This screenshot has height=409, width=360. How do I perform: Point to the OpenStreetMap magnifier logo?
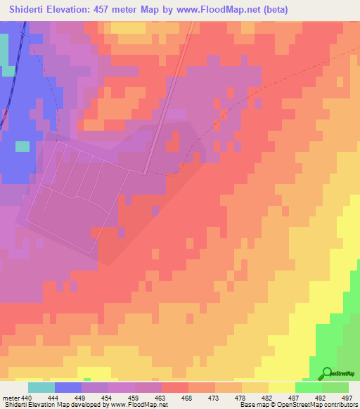coord(326,374)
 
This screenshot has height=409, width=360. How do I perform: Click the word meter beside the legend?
coord(11,397)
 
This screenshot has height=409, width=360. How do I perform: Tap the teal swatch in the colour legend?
coord(41,387)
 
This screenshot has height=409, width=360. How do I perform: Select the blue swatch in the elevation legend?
coord(68,387)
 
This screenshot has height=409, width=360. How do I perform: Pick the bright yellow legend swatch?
coord(282,387)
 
